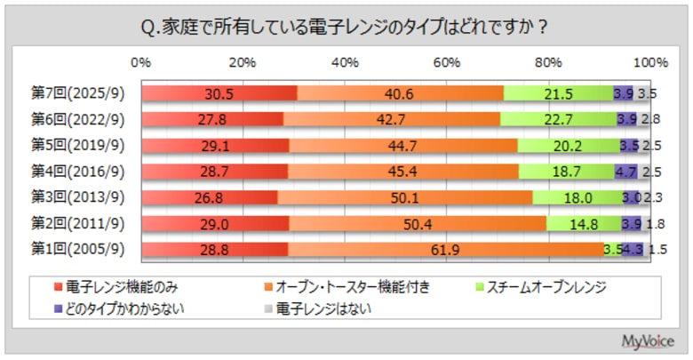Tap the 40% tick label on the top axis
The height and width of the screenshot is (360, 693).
344,63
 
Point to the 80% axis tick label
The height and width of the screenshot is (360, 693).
549,63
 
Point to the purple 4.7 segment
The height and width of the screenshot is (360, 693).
625,172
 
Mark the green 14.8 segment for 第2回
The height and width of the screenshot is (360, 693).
583,224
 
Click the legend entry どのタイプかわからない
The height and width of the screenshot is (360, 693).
119,309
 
